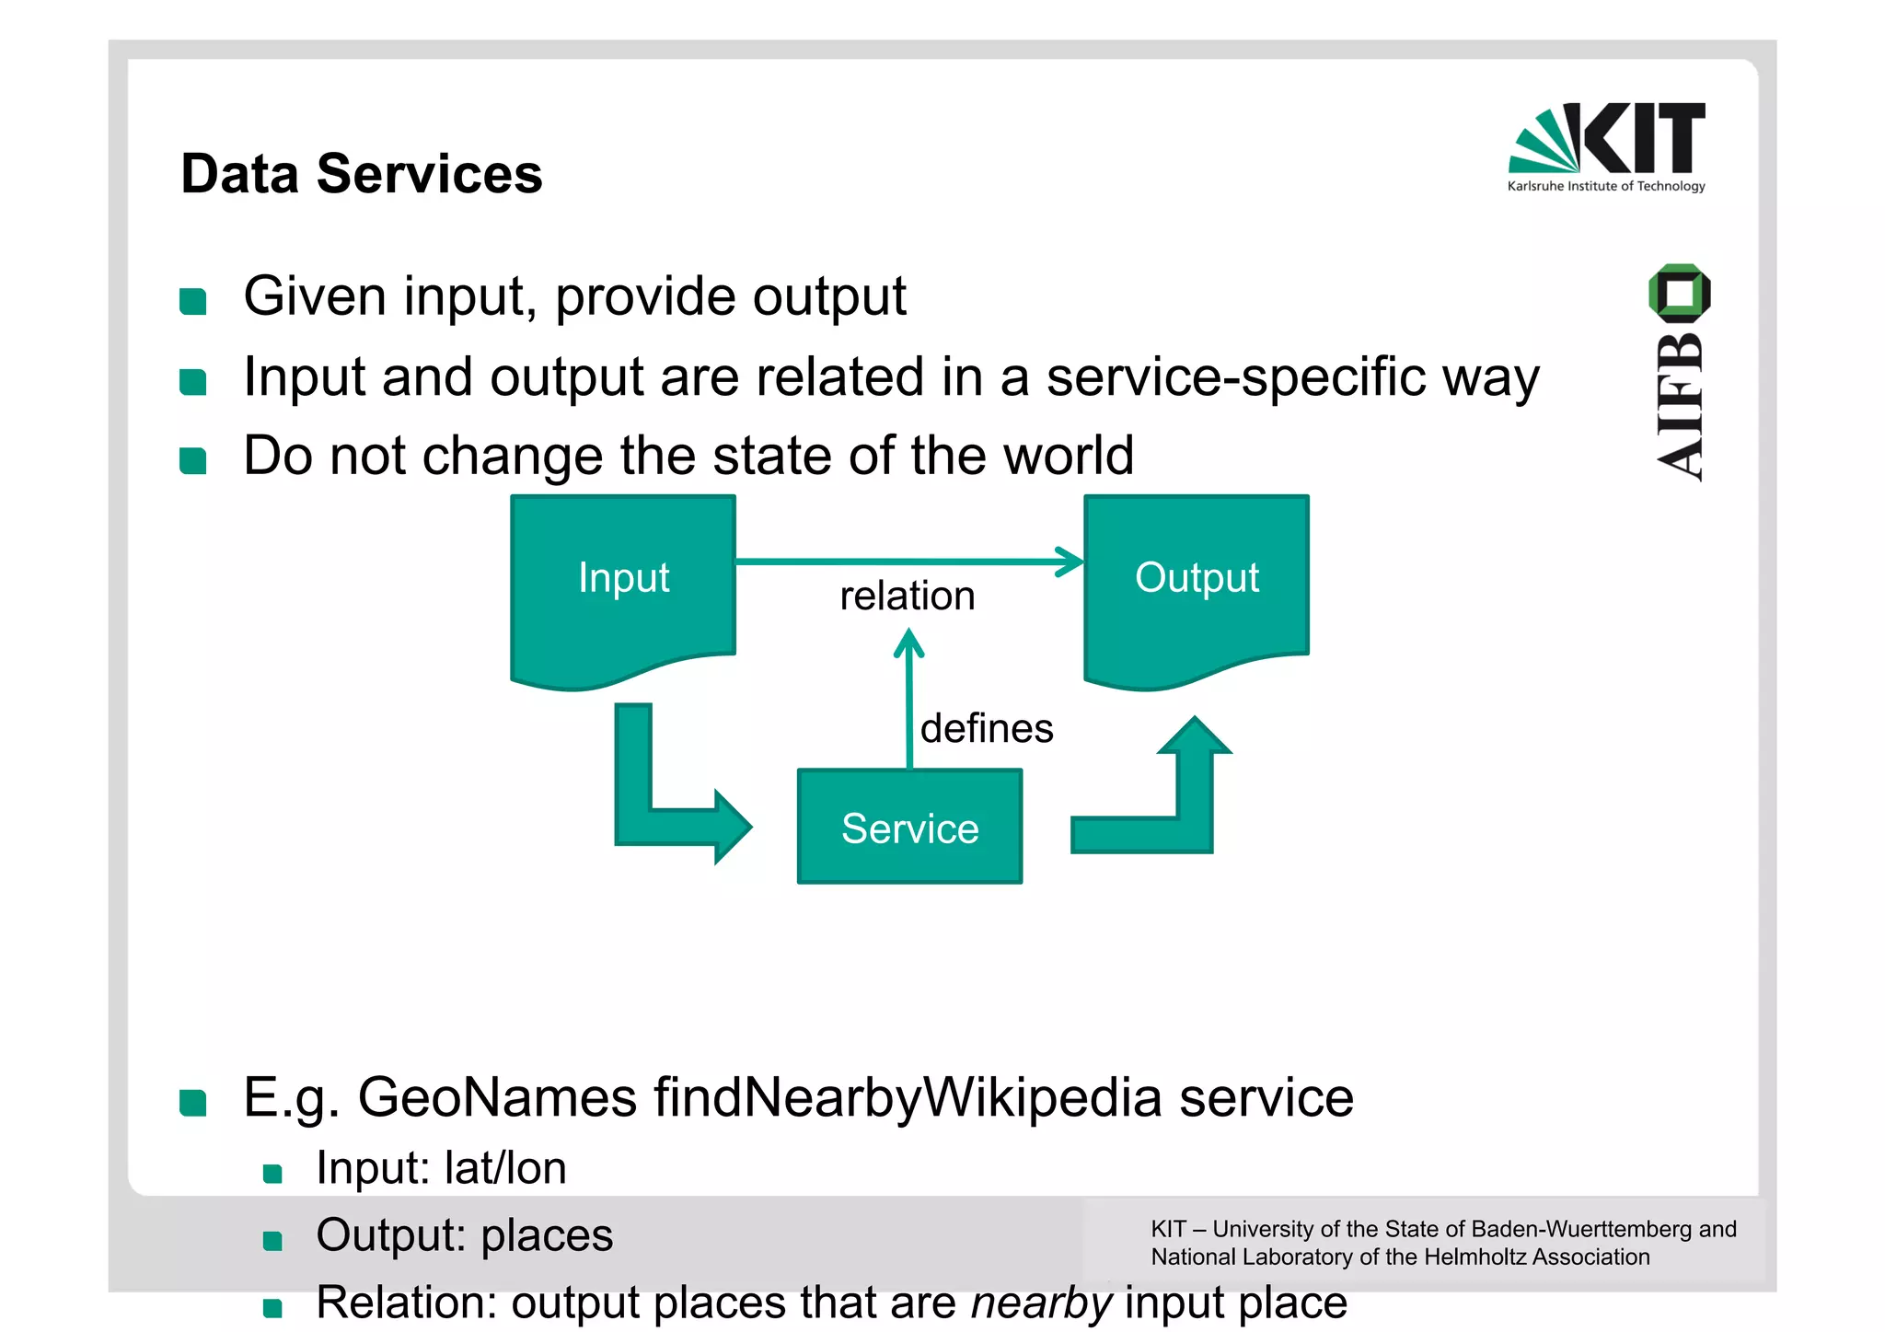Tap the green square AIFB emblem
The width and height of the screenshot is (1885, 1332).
(x=1679, y=293)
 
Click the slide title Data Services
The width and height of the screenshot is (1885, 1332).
(x=362, y=174)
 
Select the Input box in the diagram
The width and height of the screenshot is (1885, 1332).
(x=623, y=589)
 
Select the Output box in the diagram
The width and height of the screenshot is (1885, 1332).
(x=1196, y=589)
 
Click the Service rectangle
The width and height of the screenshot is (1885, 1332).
(x=909, y=827)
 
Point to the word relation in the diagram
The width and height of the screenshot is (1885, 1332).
(x=907, y=597)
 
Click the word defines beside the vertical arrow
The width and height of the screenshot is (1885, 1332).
(x=987, y=729)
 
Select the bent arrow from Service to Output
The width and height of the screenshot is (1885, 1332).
(x=1169, y=810)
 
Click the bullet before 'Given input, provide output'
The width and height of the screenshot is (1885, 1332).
(x=193, y=301)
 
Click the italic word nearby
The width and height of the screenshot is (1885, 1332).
(x=1042, y=1303)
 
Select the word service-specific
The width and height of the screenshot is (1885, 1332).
(x=1236, y=377)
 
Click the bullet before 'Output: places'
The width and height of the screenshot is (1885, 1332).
(x=272, y=1241)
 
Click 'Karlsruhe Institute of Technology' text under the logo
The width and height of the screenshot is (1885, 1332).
(x=1606, y=186)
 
